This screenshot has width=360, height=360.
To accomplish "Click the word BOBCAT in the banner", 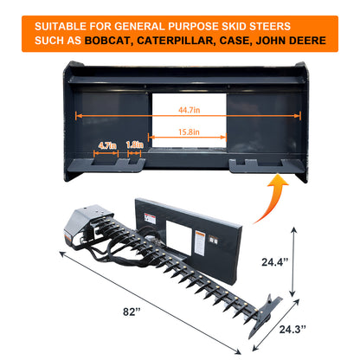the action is tap(107, 41).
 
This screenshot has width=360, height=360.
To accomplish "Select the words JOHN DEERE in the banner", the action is tap(291, 41).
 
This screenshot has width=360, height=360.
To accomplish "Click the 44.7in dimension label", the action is tap(190, 110).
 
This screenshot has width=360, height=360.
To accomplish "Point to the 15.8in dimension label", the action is tap(189, 132).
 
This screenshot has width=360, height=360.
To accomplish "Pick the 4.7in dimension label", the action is tap(107, 145).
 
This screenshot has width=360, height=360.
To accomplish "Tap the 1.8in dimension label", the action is tap(135, 145).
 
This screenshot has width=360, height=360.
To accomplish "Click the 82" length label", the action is tap(132, 312).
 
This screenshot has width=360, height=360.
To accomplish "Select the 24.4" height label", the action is tap(275, 262).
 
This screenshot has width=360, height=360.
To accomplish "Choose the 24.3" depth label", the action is tap(292, 329).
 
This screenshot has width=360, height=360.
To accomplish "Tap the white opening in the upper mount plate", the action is tap(190, 120).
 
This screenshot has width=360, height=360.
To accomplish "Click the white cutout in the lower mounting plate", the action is tap(179, 238).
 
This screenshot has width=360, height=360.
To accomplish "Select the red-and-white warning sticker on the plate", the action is tap(150, 219).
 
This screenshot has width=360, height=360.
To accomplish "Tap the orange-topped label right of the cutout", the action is tap(200, 242).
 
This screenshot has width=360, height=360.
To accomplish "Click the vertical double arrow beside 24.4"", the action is tap(293, 261).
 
